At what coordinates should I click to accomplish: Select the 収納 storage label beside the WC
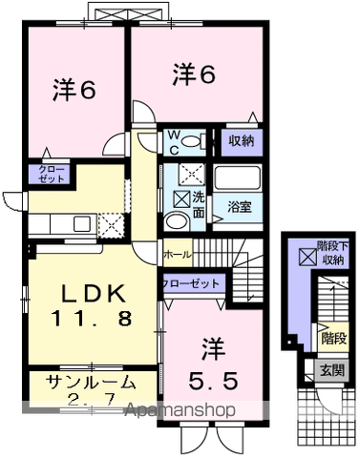click(x=241, y=141)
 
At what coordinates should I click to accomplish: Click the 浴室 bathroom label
click(x=240, y=207)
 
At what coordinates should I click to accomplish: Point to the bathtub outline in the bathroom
click(x=240, y=179)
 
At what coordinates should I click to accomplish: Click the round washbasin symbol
click(x=177, y=220)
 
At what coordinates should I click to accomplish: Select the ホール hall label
click(x=178, y=255)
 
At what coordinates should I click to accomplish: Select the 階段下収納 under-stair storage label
click(x=330, y=253)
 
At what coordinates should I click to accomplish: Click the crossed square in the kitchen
click(x=114, y=225)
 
